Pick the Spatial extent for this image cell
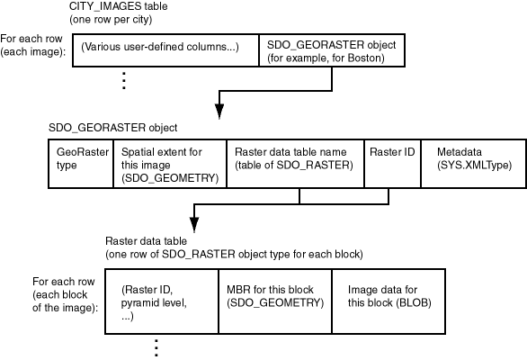tap(169, 163)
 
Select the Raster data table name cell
tap(293, 163)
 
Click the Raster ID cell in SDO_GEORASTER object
tap(391, 163)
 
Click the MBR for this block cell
tap(274, 299)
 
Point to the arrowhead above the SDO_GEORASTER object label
tap(219, 112)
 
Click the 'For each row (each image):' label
tap(33, 45)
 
